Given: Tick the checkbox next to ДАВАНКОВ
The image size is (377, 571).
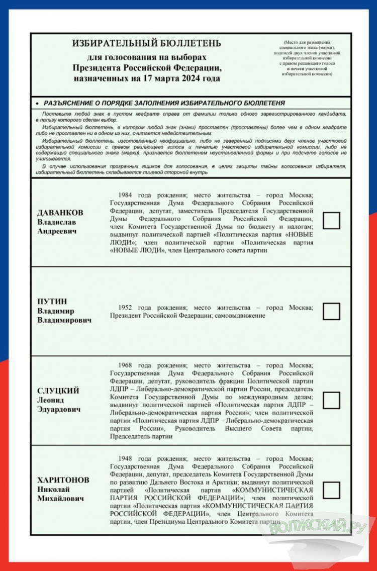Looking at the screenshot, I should tap(331, 221).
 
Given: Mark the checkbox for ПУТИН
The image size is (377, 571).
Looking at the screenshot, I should tap(331, 311).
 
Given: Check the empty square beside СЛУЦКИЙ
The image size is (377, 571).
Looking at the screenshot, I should tap(331, 400).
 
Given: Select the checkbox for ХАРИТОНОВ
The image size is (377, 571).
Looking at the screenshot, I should tap(331, 490).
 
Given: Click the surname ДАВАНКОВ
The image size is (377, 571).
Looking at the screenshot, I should tap(60, 213).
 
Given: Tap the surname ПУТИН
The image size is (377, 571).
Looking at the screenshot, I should tap(52, 302).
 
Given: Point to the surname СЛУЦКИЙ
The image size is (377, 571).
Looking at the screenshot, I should tap(58, 391).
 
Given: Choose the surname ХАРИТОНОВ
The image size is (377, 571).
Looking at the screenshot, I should tap(63, 480).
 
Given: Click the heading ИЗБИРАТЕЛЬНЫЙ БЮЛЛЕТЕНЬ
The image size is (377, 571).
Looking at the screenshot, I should tap(147, 44).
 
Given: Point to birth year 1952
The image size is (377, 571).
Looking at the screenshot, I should tap(126, 307).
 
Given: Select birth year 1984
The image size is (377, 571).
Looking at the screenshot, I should tap(126, 195).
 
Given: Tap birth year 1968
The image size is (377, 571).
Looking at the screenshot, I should tap(126, 365).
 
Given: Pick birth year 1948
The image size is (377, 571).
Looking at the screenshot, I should tap(126, 458).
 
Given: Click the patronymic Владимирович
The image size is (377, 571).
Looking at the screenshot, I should tap(64, 320).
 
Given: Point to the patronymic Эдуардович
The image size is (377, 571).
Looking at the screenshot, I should tap(59, 409).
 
